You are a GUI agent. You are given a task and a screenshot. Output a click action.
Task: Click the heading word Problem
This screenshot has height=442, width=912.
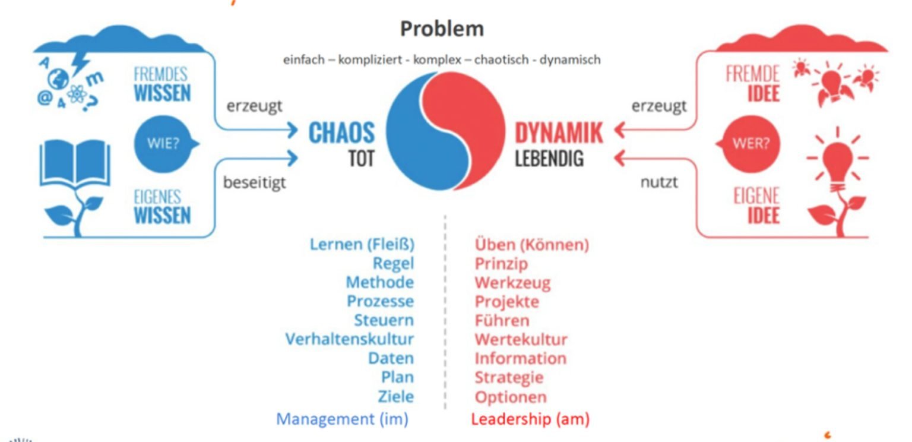442,29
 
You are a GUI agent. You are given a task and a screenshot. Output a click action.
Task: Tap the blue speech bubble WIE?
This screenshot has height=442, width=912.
163,145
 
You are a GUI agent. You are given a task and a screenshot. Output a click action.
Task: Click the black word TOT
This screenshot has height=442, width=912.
361,159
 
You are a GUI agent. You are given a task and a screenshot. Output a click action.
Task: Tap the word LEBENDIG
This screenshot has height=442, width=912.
549,159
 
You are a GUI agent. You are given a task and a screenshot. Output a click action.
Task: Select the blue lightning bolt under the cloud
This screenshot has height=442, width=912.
79,60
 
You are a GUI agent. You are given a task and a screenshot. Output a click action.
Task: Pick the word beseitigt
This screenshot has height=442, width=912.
254,183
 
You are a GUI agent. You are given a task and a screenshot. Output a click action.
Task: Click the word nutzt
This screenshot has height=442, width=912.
658,183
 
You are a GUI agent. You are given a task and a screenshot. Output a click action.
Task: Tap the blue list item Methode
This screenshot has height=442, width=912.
380,282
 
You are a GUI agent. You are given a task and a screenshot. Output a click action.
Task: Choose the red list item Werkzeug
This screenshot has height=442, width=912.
512,282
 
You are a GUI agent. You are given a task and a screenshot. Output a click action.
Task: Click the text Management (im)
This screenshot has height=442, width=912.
342,419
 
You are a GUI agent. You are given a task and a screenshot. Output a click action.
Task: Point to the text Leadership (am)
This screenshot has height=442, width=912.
530,419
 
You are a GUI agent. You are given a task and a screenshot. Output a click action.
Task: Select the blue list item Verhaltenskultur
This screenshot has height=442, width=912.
350,339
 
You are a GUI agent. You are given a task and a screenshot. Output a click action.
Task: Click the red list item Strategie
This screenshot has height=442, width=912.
509,377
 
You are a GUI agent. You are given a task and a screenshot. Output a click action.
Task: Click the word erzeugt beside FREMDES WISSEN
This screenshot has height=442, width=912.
254,106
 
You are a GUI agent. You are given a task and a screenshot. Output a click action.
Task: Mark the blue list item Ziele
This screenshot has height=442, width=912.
395,396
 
